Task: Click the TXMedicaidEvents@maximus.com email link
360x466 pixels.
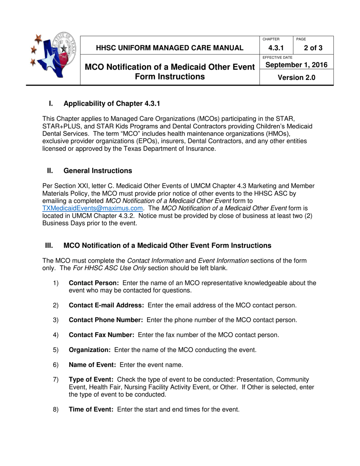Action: point(92,208)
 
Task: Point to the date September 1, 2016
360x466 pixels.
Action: point(296,65)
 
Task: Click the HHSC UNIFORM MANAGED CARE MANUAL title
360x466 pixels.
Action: point(169,48)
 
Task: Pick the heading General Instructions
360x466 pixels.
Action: point(98,171)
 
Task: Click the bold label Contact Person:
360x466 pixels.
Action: point(94,283)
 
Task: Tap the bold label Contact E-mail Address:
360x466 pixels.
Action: point(106,305)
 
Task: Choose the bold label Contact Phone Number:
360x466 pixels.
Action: point(106,320)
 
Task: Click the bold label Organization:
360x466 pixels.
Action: point(89,350)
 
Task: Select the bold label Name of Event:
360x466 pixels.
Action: point(92,365)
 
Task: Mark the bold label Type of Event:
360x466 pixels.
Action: point(91,380)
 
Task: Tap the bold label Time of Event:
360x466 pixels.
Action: point(91,410)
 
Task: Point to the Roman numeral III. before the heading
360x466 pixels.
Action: point(49,246)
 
